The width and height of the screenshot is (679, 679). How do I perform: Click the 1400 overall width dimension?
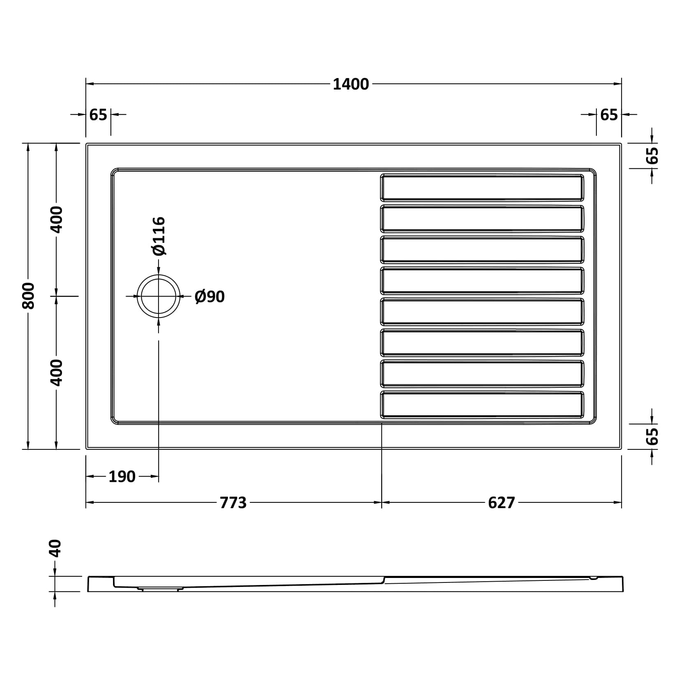click(x=350, y=84)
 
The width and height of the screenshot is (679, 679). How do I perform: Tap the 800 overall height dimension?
click(x=28, y=296)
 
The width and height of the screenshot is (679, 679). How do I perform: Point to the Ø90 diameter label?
click(x=209, y=297)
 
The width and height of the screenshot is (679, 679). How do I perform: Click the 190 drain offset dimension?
click(x=122, y=476)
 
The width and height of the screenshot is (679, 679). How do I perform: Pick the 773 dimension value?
click(x=233, y=502)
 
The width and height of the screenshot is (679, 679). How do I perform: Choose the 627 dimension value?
click(x=502, y=502)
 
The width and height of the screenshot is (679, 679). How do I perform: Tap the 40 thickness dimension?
click(x=55, y=548)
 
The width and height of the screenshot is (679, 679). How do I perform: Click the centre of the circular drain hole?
click(x=159, y=296)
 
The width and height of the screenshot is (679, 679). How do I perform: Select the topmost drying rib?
click(x=482, y=187)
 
